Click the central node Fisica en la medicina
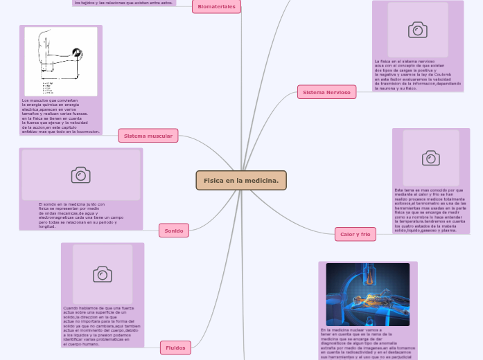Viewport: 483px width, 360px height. (240, 180)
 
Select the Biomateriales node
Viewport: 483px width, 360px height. (216, 7)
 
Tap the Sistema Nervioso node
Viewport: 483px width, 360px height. (327, 91)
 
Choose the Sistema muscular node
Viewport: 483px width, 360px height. (148, 136)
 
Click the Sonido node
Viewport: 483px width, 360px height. (173, 230)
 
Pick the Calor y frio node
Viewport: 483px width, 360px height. (355, 234)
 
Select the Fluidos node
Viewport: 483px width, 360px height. (175, 348)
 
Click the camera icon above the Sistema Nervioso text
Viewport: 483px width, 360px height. (417, 29)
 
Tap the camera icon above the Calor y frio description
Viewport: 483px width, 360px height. (430, 158)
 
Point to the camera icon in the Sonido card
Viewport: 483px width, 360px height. (80, 175)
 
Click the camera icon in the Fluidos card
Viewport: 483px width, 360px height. (103, 274)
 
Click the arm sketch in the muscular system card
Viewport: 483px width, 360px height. (61, 61)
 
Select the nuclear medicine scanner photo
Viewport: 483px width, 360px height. (367, 294)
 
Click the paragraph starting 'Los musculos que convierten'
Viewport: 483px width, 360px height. (61, 116)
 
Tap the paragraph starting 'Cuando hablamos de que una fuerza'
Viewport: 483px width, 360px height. (102, 325)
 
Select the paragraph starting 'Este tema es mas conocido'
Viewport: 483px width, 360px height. (430, 210)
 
